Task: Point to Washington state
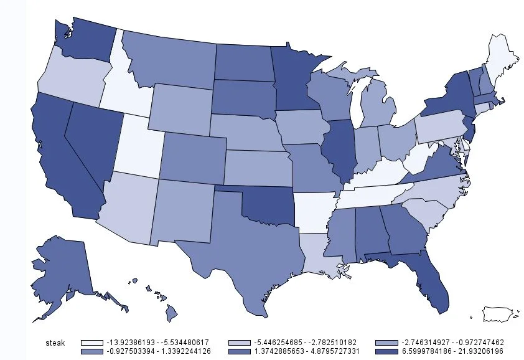(x=84, y=44)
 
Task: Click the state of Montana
(x=171, y=59)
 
